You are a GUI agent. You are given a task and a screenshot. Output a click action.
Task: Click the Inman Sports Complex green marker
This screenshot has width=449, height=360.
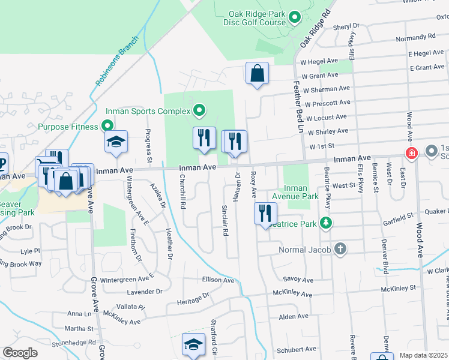[199, 110]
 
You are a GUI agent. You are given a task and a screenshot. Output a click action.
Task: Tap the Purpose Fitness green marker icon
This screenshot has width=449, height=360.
[107, 126]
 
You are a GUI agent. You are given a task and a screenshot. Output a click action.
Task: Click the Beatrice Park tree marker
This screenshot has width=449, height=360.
[325, 223]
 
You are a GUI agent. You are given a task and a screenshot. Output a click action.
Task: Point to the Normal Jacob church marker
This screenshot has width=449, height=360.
[340, 248]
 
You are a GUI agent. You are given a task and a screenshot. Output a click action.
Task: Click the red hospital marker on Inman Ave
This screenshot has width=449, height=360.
[411, 152]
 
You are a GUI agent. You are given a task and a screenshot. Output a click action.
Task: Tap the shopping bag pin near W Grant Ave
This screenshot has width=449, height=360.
[257, 74]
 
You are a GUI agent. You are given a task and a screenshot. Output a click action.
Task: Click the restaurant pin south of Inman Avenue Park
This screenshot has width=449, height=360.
[265, 214]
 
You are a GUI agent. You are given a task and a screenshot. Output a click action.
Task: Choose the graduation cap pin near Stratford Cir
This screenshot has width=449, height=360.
[193, 344]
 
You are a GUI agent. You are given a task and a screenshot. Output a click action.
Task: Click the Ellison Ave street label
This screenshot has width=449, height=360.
[218, 280]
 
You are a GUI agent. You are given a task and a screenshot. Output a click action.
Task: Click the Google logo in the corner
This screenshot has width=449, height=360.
[20, 353]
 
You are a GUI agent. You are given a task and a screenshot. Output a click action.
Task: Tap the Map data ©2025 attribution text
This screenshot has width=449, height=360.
[423, 355]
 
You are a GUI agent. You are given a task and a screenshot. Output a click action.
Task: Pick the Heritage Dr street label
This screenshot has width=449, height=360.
[193, 298]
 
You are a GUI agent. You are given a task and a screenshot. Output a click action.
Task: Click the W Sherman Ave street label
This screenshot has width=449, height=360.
[327, 89]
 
